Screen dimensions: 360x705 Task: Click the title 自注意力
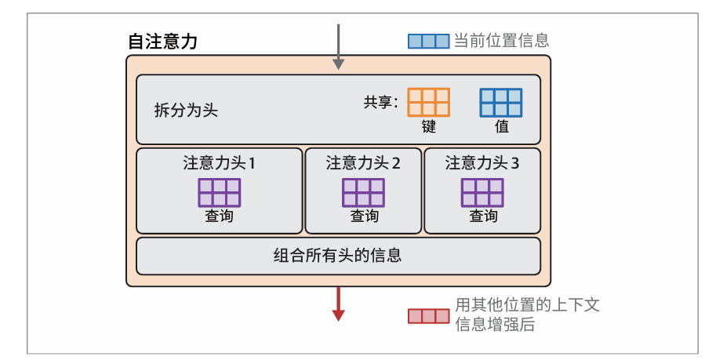pos(162,42)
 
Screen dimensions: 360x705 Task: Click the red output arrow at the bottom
pos(339,304)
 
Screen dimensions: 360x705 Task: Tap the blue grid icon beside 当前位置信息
pos(428,41)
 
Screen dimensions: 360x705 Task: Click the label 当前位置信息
pos(501,41)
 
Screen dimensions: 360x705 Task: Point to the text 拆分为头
pos(186,110)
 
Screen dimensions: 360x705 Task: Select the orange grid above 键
pos(428,102)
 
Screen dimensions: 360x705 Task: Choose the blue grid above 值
pos(501,102)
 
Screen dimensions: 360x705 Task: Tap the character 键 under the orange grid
pos(428,126)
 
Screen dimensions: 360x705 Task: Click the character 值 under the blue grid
pos(501,126)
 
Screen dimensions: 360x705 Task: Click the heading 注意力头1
pos(220,163)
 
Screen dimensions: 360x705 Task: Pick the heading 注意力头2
pos(363,163)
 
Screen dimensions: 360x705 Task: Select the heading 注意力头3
pos(482,163)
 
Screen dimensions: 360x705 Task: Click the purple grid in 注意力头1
pos(220,192)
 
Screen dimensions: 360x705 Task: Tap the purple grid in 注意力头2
pos(363,192)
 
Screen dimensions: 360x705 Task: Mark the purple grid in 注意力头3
pos(482,192)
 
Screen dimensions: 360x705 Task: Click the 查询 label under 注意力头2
pos(364,216)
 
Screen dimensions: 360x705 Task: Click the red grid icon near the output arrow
pos(428,316)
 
